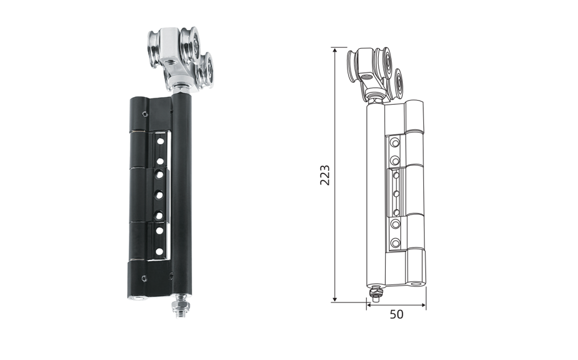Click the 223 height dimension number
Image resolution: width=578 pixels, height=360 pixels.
pos(325,175)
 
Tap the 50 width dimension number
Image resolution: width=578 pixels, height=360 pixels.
pos(397,315)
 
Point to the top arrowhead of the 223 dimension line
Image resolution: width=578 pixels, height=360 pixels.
pos(335,51)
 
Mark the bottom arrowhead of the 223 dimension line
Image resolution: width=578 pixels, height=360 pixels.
pos(335,299)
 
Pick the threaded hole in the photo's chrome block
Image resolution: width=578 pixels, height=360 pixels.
pos(171,60)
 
